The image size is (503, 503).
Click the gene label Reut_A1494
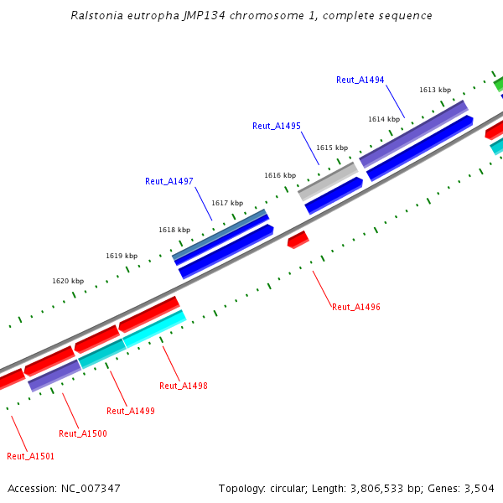pyautogui.click(x=360, y=80)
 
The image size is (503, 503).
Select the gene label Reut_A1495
pyautogui.click(x=277, y=126)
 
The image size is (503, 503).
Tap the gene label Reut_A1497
pyautogui.click(x=169, y=181)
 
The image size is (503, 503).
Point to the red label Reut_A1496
pyautogui.click(x=356, y=307)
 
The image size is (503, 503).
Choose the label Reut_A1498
pyautogui.click(x=184, y=386)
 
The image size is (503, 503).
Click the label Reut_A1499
pyautogui.click(x=131, y=411)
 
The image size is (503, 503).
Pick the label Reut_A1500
pyautogui.click(x=83, y=433)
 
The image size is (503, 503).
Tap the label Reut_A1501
pyautogui.click(x=31, y=456)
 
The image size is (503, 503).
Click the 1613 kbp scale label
pyautogui.click(x=435, y=90)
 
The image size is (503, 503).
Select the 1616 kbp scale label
pyautogui.click(x=280, y=175)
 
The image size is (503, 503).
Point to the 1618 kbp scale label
pyautogui.click(x=174, y=230)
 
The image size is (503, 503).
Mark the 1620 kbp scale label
pyautogui.click(x=68, y=282)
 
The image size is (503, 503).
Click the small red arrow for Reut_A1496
pyautogui.click(x=298, y=240)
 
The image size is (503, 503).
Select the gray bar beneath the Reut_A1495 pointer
pyautogui.click(x=328, y=181)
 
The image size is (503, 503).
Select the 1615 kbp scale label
pyautogui.click(x=331, y=148)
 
